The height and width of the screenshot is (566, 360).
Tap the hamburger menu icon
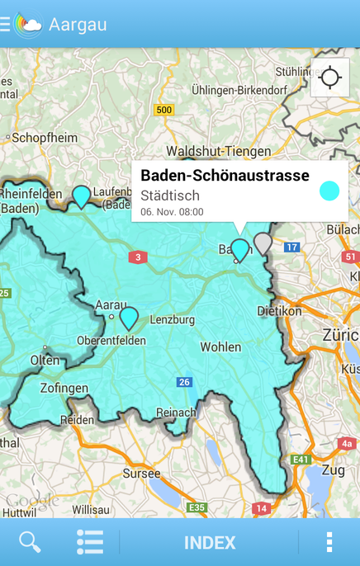click(5, 24)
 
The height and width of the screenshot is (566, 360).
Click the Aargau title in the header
click(78, 24)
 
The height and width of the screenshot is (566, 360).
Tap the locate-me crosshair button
click(330, 78)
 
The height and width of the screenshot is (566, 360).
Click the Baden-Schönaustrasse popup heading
click(225, 175)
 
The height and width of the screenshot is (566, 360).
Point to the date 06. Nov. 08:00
click(172, 212)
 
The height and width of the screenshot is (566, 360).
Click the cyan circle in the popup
click(329, 191)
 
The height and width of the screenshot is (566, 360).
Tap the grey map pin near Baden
click(263, 243)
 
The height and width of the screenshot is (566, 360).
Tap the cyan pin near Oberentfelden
click(129, 317)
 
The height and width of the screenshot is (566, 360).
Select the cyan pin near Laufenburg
click(81, 196)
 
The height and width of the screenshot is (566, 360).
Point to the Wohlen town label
click(220, 347)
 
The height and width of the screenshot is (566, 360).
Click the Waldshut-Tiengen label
click(218, 151)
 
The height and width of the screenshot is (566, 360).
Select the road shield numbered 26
click(184, 382)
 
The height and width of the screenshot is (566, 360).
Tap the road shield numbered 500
click(164, 110)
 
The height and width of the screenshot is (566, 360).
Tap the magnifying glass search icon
click(30, 542)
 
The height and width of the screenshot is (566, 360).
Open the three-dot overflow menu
click(329, 542)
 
